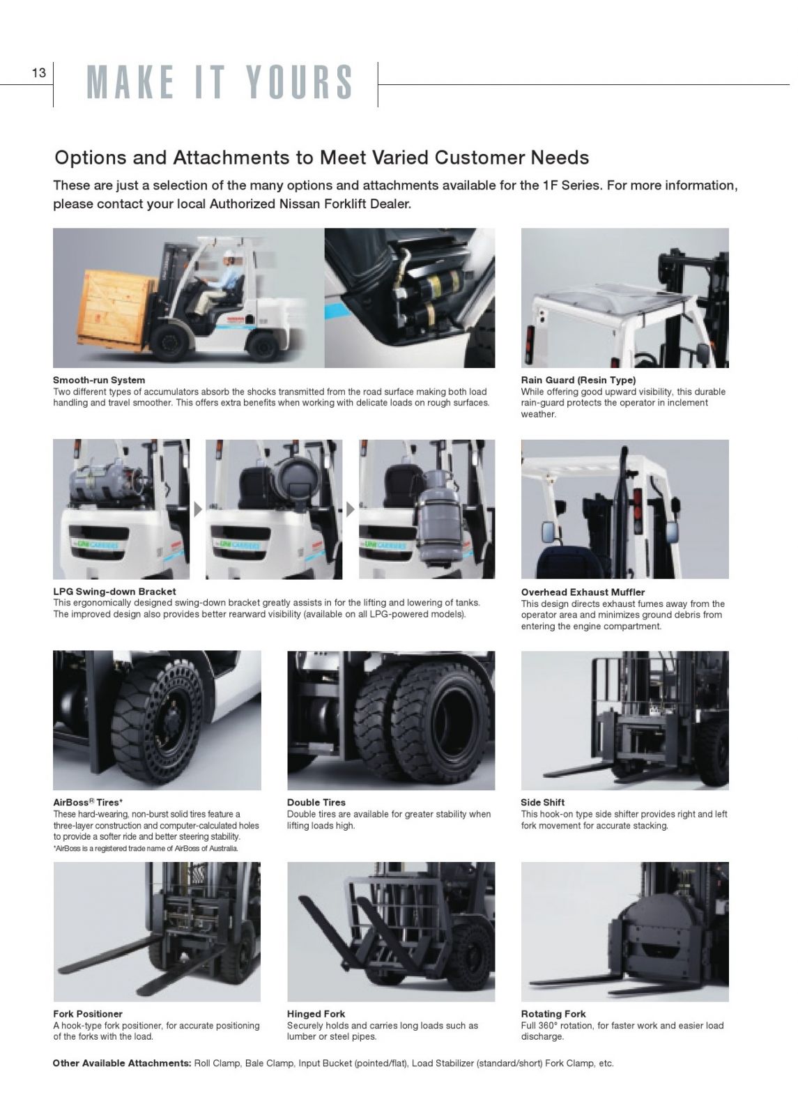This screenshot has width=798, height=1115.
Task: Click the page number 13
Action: click(x=39, y=73)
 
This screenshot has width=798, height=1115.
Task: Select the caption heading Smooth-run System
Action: click(x=99, y=380)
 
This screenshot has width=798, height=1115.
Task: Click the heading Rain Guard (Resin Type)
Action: click(x=578, y=380)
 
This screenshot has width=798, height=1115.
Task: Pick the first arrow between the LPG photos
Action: click(x=198, y=509)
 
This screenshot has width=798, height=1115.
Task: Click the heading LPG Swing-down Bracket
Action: click(x=114, y=592)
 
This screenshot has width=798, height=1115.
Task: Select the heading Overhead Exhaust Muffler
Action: click(x=583, y=592)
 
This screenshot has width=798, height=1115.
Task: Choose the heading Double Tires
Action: click(x=316, y=802)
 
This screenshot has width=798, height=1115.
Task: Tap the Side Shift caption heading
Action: click(x=543, y=802)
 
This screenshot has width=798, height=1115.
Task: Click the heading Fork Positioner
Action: click(x=88, y=1014)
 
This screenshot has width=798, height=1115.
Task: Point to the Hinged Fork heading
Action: click(x=316, y=1014)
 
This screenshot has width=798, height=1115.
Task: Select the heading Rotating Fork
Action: click(x=553, y=1014)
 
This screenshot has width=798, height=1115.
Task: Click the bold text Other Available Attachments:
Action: click(x=122, y=1063)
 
